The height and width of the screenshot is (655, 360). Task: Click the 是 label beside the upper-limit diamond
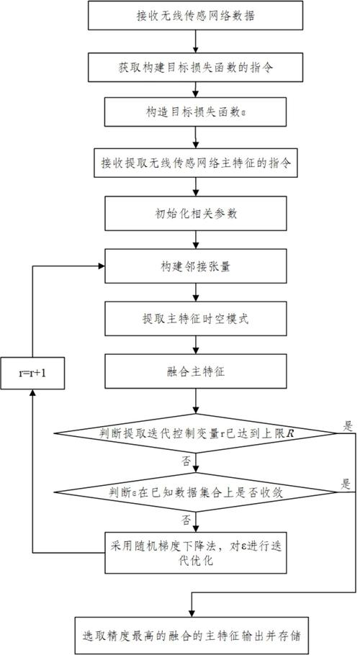(348, 425)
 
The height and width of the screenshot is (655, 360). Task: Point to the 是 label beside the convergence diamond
(348, 484)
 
